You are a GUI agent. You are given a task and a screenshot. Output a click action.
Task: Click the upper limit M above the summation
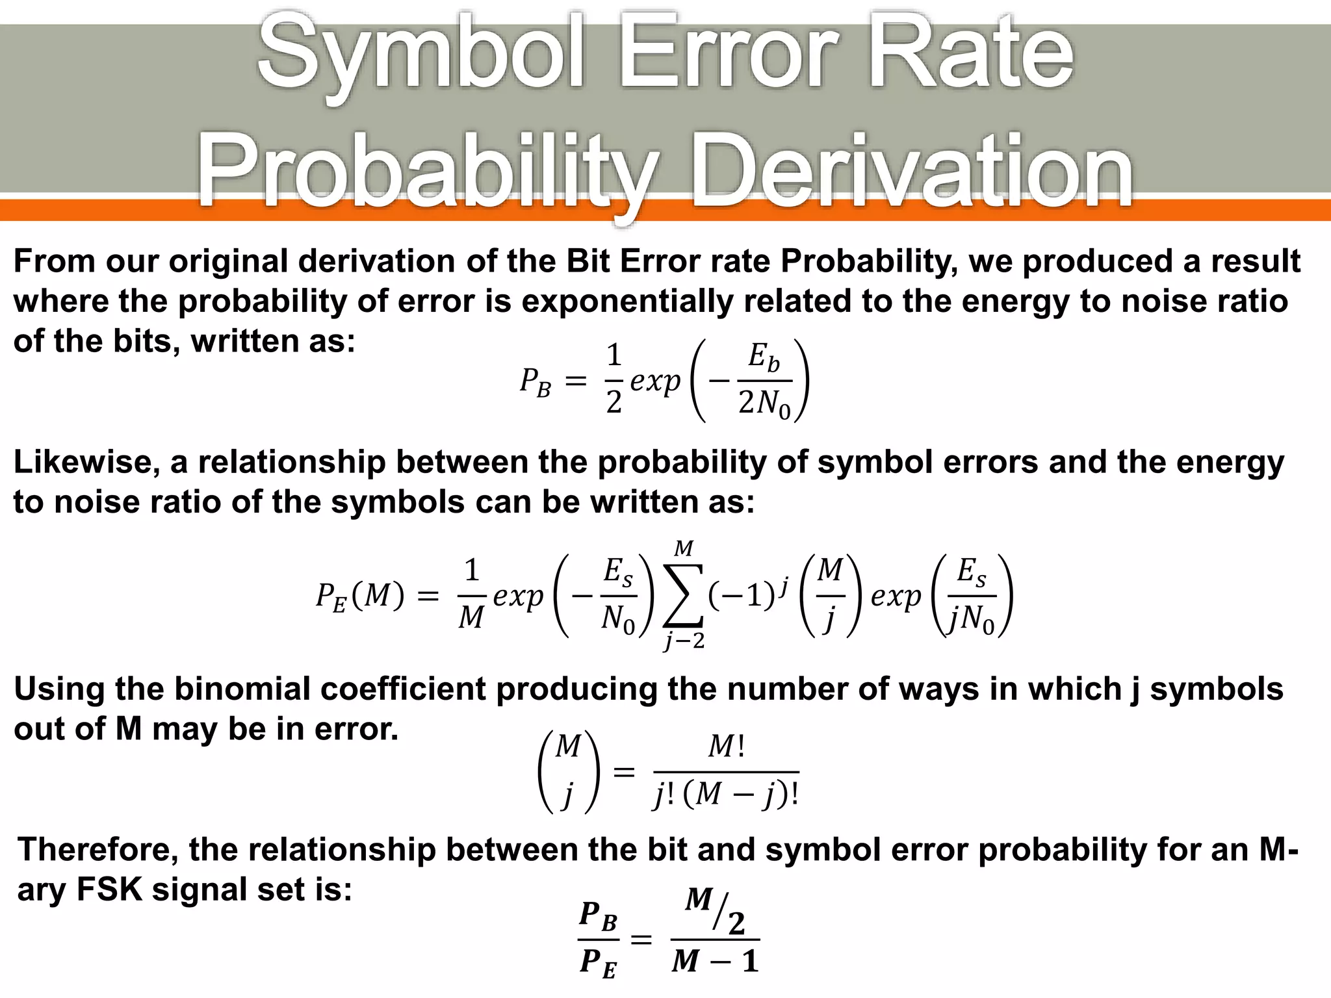pos(683,549)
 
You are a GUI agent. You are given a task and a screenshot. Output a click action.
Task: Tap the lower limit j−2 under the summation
pos(684,641)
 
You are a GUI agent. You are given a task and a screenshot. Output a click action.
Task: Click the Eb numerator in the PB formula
pos(763,357)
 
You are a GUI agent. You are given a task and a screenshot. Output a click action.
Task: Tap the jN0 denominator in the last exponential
pos(971,619)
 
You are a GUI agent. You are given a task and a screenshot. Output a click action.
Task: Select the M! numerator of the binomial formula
pos(726,747)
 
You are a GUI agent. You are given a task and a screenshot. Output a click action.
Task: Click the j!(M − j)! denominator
pos(726,794)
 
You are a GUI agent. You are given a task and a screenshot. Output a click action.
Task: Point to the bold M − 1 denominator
pos(715,960)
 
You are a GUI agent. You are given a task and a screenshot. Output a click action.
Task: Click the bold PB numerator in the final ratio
pos(598,916)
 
